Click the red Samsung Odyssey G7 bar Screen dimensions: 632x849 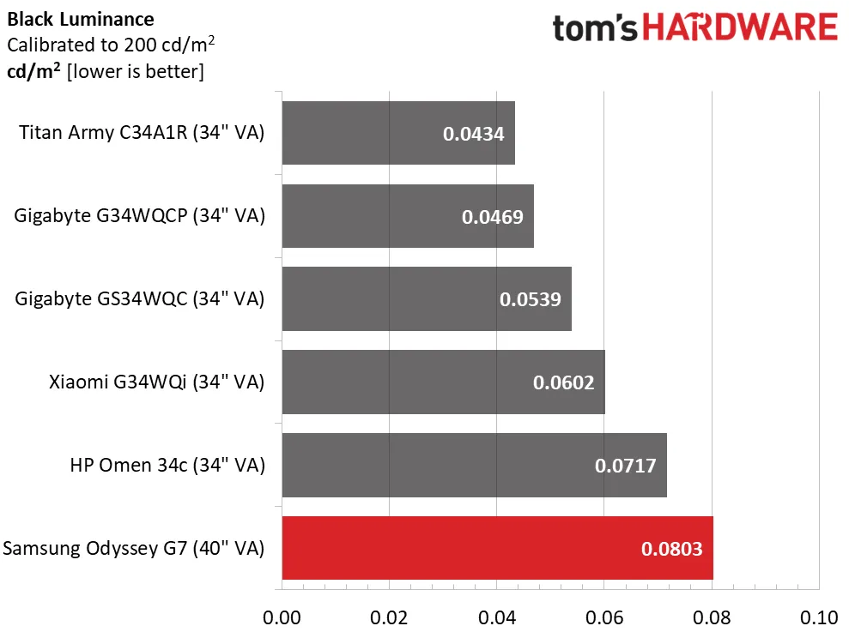(x=497, y=548)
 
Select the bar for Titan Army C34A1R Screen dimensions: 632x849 (x=398, y=133)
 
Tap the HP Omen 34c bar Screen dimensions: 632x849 (x=474, y=465)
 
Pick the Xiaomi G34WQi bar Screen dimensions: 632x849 (x=443, y=382)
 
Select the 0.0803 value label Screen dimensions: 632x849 (x=671, y=549)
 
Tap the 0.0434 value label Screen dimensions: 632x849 (x=473, y=134)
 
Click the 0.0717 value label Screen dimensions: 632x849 (x=625, y=466)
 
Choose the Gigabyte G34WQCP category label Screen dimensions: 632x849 (x=140, y=215)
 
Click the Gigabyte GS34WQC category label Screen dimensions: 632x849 (x=140, y=298)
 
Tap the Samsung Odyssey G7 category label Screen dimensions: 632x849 (x=134, y=548)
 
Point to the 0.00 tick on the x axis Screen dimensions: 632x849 (x=282, y=617)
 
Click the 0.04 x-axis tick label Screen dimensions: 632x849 (x=496, y=617)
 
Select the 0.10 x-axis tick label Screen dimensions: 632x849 (x=819, y=617)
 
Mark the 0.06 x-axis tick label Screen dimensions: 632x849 (x=604, y=617)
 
